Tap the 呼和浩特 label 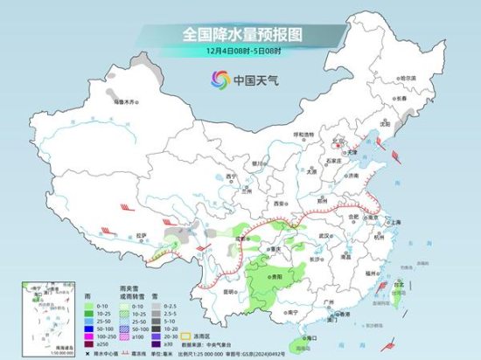303,135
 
